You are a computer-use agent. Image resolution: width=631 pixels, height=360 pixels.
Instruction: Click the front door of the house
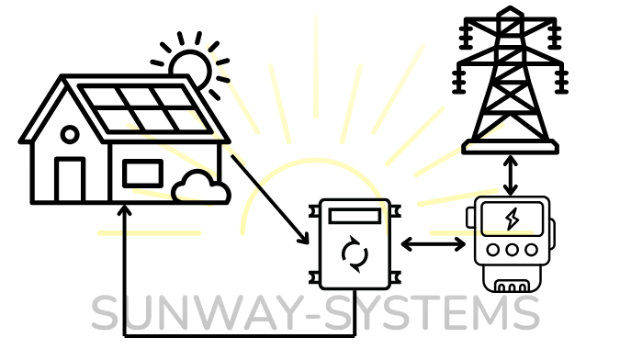(x=70, y=179)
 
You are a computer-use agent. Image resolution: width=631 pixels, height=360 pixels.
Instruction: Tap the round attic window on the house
(x=70, y=134)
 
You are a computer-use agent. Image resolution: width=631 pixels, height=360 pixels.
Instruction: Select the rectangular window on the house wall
(x=143, y=174)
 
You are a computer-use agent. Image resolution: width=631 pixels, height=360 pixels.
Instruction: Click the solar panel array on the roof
(x=145, y=108)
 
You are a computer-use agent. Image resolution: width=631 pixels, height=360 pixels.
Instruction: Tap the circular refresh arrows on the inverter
(x=355, y=253)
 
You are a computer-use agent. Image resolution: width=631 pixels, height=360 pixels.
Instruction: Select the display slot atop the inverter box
(x=355, y=216)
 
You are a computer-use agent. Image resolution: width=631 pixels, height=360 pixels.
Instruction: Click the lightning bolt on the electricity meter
(x=512, y=219)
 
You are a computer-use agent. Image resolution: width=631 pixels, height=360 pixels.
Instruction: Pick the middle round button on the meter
(x=512, y=250)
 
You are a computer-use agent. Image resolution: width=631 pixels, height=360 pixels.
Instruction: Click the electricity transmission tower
(x=511, y=80)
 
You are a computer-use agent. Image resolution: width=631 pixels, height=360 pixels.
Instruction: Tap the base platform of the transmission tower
(x=511, y=146)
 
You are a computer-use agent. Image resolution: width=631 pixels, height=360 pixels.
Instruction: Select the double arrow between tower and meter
(x=511, y=175)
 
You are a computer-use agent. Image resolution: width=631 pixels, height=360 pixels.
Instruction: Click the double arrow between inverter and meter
(x=434, y=244)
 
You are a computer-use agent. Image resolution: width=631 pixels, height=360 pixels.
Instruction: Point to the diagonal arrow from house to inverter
(x=270, y=199)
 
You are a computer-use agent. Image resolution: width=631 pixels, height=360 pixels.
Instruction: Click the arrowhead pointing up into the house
(x=125, y=209)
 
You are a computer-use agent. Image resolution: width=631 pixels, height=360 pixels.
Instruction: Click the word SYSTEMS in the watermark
(x=432, y=312)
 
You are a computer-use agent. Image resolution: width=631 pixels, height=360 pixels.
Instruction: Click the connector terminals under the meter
(x=512, y=287)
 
